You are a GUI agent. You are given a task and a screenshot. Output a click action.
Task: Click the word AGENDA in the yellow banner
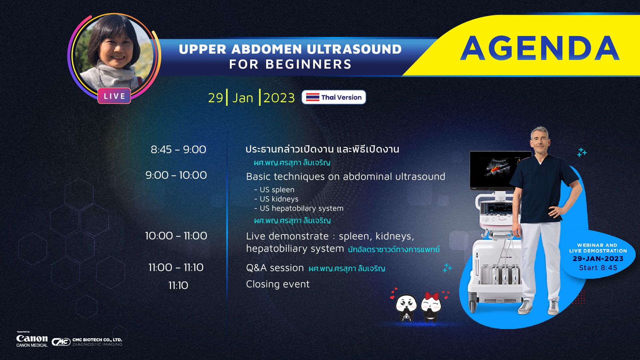(x=540, y=48)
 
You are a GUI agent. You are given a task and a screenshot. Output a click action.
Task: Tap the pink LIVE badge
(x=114, y=96)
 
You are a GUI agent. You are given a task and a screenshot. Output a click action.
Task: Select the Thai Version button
(x=333, y=97)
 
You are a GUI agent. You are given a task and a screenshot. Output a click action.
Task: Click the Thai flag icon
(x=313, y=97)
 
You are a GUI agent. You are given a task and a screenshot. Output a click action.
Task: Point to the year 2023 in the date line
(x=279, y=98)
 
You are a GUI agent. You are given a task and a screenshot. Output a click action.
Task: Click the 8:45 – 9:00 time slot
(x=178, y=150)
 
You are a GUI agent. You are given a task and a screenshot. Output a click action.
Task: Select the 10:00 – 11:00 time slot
(x=176, y=236)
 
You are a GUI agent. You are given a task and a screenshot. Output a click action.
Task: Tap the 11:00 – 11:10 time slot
(x=176, y=267)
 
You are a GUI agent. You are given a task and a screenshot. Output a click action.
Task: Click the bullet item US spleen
(x=274, y=189)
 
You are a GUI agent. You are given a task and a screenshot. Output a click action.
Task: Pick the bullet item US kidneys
(x=276, y=199)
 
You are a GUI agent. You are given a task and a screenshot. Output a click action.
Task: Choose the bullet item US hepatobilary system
(x=299, y=208)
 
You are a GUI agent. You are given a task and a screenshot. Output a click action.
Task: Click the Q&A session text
(x=275, y=268)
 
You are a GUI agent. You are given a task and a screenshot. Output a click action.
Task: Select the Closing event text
(x=278, y=284)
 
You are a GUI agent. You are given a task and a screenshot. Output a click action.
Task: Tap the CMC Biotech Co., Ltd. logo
(x=87, y=342)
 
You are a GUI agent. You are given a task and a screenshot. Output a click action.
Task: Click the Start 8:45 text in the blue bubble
(x=598, y=268)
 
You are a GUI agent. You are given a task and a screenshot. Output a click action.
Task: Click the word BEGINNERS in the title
(x=309, y=64)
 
